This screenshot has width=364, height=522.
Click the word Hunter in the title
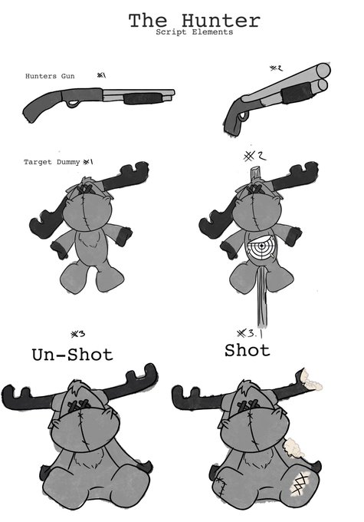click(221, 21)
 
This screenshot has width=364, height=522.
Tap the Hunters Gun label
click(50, 76)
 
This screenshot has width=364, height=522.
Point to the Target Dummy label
click(52, 162)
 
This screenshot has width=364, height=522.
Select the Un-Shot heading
click(73, 355)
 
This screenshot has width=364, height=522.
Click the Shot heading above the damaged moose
click(247, 351)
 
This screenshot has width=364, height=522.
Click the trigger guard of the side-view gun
click(72, 104)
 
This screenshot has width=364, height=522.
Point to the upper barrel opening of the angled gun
click(323, 71)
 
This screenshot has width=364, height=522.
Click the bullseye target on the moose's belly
click(261, 247)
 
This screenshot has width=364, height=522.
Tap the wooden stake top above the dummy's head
click(255, 175)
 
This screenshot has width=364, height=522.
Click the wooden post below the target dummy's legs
click(262, 296)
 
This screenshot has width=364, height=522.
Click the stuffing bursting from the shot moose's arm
click(294, 448)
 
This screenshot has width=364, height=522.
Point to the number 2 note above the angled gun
click(276, 68)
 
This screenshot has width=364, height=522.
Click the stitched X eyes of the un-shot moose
click(79, 405)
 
